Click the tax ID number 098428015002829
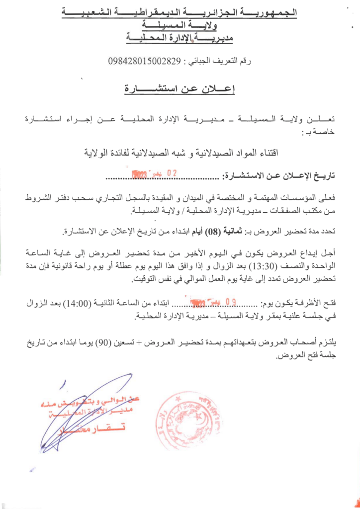coord(144,62)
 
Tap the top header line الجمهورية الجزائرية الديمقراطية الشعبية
coord(180,11)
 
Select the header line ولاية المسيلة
coord(180,24)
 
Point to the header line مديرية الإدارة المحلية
coord(180,37)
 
